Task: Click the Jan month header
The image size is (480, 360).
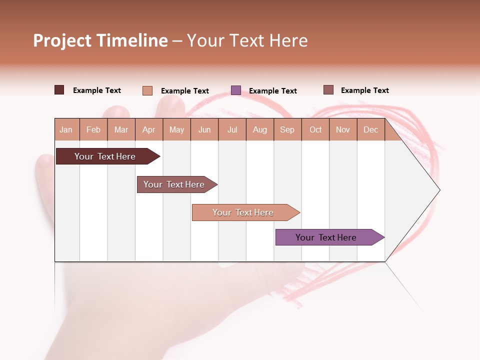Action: pyautogui.click(x=66, y=129)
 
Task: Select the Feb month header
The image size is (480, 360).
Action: pyautogui.click(x=93, y=129)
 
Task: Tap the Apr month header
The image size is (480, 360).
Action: pyautogui.click(x=148, y=129)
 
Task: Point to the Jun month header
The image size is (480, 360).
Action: pyautogui.click(x=204, y=129)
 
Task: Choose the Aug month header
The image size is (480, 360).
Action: pyautogui.click(x=259, y=129)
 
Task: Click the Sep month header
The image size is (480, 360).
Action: pyautogui.click(x=287, y=129)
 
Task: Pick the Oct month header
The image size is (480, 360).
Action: pyautogui.click(x=315, y=129)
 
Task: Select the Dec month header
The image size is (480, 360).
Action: pyautogui.click(x=370, y=129)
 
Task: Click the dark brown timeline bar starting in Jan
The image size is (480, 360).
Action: pyautogui.click(x=105, y=156)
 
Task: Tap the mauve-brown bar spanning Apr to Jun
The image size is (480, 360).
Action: pyautogui.click(x=174, y=184)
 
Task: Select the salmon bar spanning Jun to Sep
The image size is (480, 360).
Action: pyautogui.click(x=243, y=212)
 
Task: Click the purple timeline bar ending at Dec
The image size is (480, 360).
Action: pyautogui.click(x=326, y=237)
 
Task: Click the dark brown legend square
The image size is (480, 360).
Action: pyautogui.click(x=59, y=90)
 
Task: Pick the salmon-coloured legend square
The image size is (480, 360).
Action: pyautogui.click(x=147, y=90)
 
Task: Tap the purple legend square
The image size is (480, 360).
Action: pyautogui.click(x=236, y=90)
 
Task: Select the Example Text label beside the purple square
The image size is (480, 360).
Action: pyautogui.click(x=272, y=90)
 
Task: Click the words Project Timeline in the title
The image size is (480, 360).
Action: pyautogui.click(x=100, y=40)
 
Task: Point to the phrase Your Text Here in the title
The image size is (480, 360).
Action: pyautogui.click(x=247, y=40)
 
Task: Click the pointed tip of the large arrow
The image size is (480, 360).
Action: pyautogui.click(x=438, y=190)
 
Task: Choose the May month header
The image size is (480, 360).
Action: pyautogui.click(x=176, y=129)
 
